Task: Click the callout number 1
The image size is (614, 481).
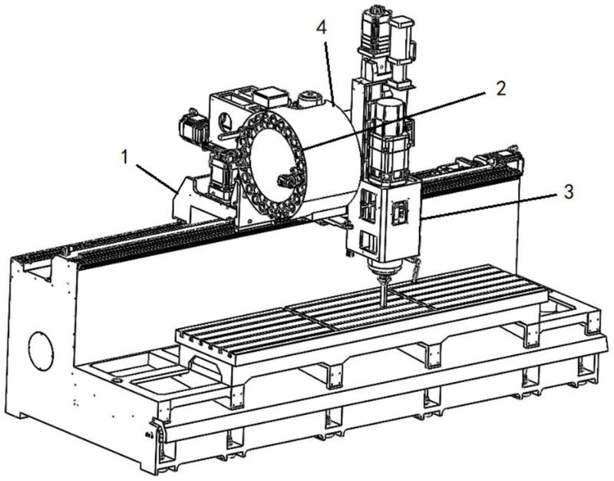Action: coord(124,158)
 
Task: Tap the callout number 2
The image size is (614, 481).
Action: coord(500,88)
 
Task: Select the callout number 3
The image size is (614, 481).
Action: coord(568,191)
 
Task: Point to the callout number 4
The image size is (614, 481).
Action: coord(322,28)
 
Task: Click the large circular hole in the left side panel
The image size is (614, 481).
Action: coord(41,351)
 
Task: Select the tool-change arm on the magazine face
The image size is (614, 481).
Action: coord(289,177)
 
